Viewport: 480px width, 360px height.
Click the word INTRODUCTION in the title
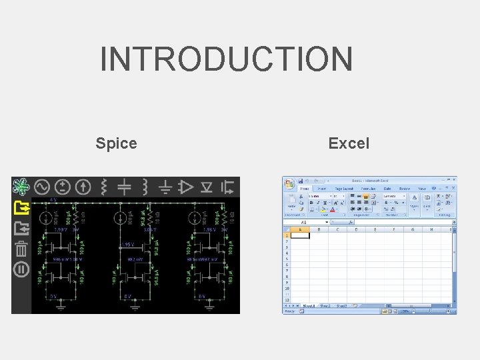(226, 59)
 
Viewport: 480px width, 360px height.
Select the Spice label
(116, 143)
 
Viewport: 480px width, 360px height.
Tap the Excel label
(349, 143)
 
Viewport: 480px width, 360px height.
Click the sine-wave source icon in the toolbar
(42, 187)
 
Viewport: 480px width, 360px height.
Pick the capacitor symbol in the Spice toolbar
(124, 187)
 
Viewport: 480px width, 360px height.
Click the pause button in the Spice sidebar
(21, 270)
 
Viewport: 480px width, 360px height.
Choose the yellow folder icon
(21, 208)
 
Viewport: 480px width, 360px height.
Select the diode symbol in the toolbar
(207, 187)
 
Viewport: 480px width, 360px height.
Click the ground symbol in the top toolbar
(165, 187)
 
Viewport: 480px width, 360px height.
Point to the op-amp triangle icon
(186, 187)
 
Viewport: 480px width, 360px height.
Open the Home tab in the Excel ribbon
(305, 189)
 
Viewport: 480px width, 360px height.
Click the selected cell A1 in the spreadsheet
(300, 235)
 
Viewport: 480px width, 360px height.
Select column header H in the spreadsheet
(432, 229)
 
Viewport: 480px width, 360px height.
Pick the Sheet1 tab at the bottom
(309, 305)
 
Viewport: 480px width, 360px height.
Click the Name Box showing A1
(303, 223)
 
